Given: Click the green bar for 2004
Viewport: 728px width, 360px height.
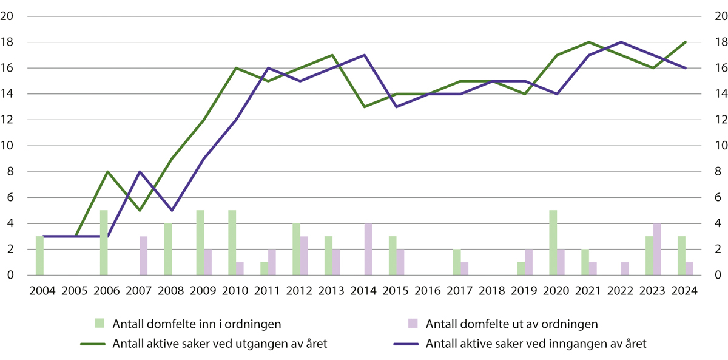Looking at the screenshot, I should [39, 256].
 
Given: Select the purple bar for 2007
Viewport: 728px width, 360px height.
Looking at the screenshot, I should [144, 256].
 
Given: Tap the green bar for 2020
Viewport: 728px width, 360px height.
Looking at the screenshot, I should [553, 243].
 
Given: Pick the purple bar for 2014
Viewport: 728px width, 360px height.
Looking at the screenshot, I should [368, 249].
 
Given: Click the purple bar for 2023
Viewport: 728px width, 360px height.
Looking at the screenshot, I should [657, 249].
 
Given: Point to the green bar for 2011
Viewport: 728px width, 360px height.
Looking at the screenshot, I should [264, 268].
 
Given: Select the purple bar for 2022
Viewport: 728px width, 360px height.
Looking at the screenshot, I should [625, 268].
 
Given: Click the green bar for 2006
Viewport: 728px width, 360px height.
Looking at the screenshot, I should [104, 243].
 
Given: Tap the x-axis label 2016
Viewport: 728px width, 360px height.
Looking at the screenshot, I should [428, 290].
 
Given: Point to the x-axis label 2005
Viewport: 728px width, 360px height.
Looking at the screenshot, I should [75, 290].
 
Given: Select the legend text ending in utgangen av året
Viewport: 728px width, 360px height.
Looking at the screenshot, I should [219, 344].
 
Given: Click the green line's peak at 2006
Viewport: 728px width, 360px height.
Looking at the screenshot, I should [107, 172].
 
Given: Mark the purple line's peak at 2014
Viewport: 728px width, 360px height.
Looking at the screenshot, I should [364, 55].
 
